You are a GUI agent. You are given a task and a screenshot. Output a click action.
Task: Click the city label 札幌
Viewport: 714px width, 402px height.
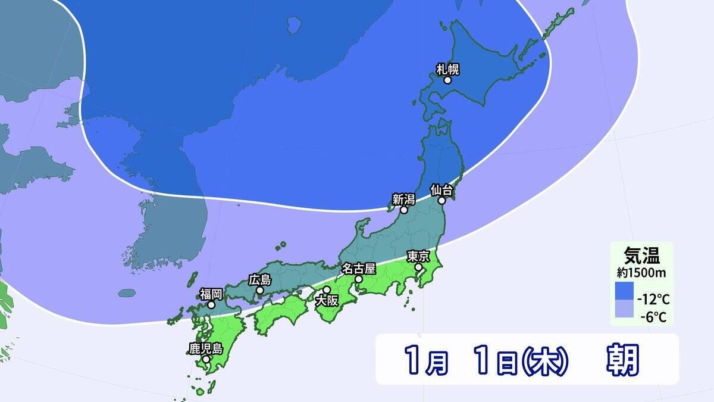448,68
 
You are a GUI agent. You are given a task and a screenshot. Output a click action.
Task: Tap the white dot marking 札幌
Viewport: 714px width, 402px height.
447,80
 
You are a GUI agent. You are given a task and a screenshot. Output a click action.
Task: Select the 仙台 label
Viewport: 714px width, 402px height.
442,190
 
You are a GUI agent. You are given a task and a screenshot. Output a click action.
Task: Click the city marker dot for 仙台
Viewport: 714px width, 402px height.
442,201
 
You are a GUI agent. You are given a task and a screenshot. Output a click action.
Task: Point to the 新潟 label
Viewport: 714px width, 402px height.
403,199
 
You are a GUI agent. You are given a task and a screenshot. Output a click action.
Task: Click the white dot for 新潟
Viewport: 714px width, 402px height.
403,210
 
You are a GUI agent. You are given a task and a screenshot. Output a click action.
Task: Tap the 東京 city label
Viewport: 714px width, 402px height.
418,256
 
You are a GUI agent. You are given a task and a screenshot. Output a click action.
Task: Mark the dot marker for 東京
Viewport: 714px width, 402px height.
418,267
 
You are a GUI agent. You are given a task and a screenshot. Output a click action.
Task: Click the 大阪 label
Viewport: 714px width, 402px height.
326,301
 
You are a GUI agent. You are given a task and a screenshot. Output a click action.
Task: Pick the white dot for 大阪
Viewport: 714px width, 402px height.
326,290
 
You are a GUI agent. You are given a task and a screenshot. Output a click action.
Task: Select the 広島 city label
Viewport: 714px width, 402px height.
260,279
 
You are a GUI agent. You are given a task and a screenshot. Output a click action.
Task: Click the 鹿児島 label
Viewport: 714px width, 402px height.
205,348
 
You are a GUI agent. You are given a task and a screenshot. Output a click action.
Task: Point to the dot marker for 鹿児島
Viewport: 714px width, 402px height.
205,359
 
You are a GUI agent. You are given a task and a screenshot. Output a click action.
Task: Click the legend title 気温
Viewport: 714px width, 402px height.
641,256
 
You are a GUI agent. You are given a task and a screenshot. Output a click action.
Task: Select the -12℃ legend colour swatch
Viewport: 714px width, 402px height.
624,292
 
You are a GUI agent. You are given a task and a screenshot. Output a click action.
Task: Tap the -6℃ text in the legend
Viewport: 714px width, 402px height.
654,317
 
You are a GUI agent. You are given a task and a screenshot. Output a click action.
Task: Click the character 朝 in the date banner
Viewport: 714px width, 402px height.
622,359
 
